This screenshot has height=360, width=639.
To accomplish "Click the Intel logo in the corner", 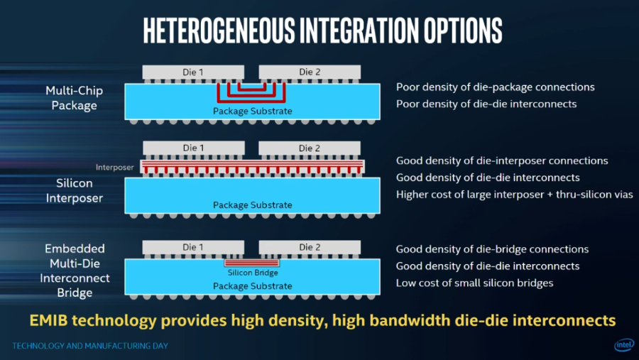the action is pyautogui.click(x=625, y=345).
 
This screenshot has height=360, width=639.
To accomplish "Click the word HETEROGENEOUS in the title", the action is pyautogui.click(x=219, y=31).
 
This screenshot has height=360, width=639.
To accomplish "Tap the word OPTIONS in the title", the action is pyautogui.click(x=462, y=31).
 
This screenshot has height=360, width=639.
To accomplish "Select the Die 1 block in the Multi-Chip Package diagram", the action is pyautogui.click(x=193, y=72).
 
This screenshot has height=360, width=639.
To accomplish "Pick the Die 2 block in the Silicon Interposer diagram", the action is pyautogui.click(x=310, y=148).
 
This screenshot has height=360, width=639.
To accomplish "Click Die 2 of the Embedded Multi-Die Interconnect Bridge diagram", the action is pyautogui.click(x=310, y=247).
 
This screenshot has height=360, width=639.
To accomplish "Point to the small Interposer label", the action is pyautogui.click(x=114, y=167).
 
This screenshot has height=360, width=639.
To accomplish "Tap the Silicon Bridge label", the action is pyautogui.click(x=253, y=273).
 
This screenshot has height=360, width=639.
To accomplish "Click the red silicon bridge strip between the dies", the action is pyautogui.click(x=252, y=263).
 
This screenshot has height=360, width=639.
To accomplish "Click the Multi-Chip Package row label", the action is pyautogui.click(x=74, y=98).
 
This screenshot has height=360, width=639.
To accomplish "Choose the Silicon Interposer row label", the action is pyautogui.click(x=74, y=190).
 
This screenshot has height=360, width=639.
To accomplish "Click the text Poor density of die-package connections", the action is pyautogui.click(x=495, y=87).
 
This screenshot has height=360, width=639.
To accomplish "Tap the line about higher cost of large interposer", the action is pyautogui.click(x=514, y=195).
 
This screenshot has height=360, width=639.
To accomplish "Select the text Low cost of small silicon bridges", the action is pyautogui.click(x=474, y=283).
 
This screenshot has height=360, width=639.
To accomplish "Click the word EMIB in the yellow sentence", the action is pyautogui.click(x=48, y=320).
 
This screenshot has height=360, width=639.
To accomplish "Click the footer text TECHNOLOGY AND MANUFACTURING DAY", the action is pyautogui.click(x=90, y=346).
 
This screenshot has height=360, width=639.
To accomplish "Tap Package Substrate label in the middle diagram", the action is pyautogui.click(x=252, y=204).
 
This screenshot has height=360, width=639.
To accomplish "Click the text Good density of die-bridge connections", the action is pyautogui.click(x=492, y=249).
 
